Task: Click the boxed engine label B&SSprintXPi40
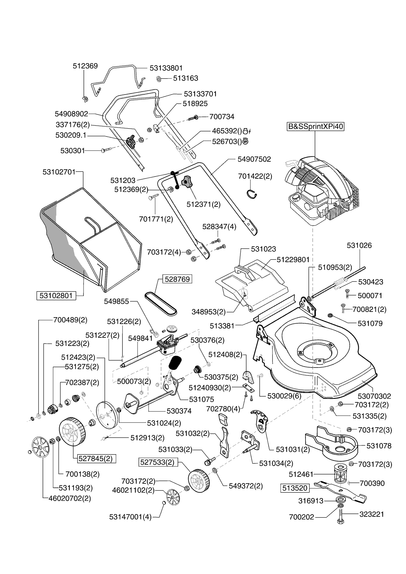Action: (x=316, y=127)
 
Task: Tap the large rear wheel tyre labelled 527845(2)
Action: (x=73, y=431)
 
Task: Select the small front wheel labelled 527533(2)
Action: (x=199, y=480)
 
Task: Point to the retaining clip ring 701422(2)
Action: (x=252, y=194)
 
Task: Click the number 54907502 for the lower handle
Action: (x=254, y=159)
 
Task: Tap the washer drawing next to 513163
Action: (x=158, y=79)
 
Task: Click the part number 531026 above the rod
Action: (x=359, y=245)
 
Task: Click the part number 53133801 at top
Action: (x=166, y=68)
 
